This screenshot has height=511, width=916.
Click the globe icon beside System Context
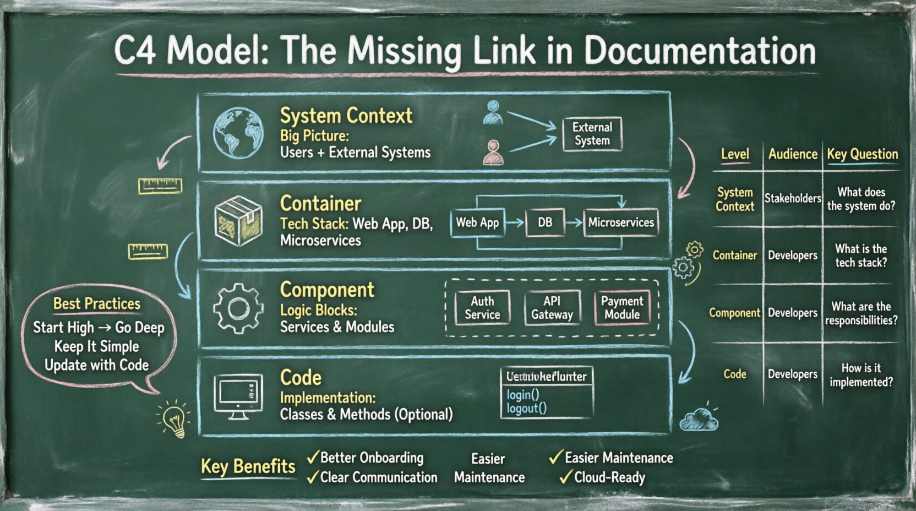(x=238, y=133)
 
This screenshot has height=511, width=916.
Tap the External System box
(x=592, y=134)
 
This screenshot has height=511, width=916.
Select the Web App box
(x=477, y=222)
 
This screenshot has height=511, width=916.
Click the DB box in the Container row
(x=544, y=222)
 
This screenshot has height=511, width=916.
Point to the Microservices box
(x=621, y=222)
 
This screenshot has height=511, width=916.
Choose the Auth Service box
(x=482, y=308)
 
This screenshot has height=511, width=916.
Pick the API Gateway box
(x=552, y=308)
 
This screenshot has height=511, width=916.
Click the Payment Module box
(x=622, y=308)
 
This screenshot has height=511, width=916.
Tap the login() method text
(x=522, y=395)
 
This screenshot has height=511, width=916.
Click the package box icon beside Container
(x=238, y=220)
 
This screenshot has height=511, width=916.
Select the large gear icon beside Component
(x=238, y=308)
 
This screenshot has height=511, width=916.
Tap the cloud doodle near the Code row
(x=699, y=420)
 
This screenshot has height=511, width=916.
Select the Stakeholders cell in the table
(x=792, y=198)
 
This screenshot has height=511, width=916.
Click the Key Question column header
(x=862, y=154)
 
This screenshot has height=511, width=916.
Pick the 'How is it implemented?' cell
(x=861, y=375)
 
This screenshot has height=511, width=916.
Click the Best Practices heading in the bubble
(x=97, y=303)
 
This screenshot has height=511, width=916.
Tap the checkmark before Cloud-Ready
(x=565, y=477)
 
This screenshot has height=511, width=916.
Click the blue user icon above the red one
(x=493, y=112)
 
